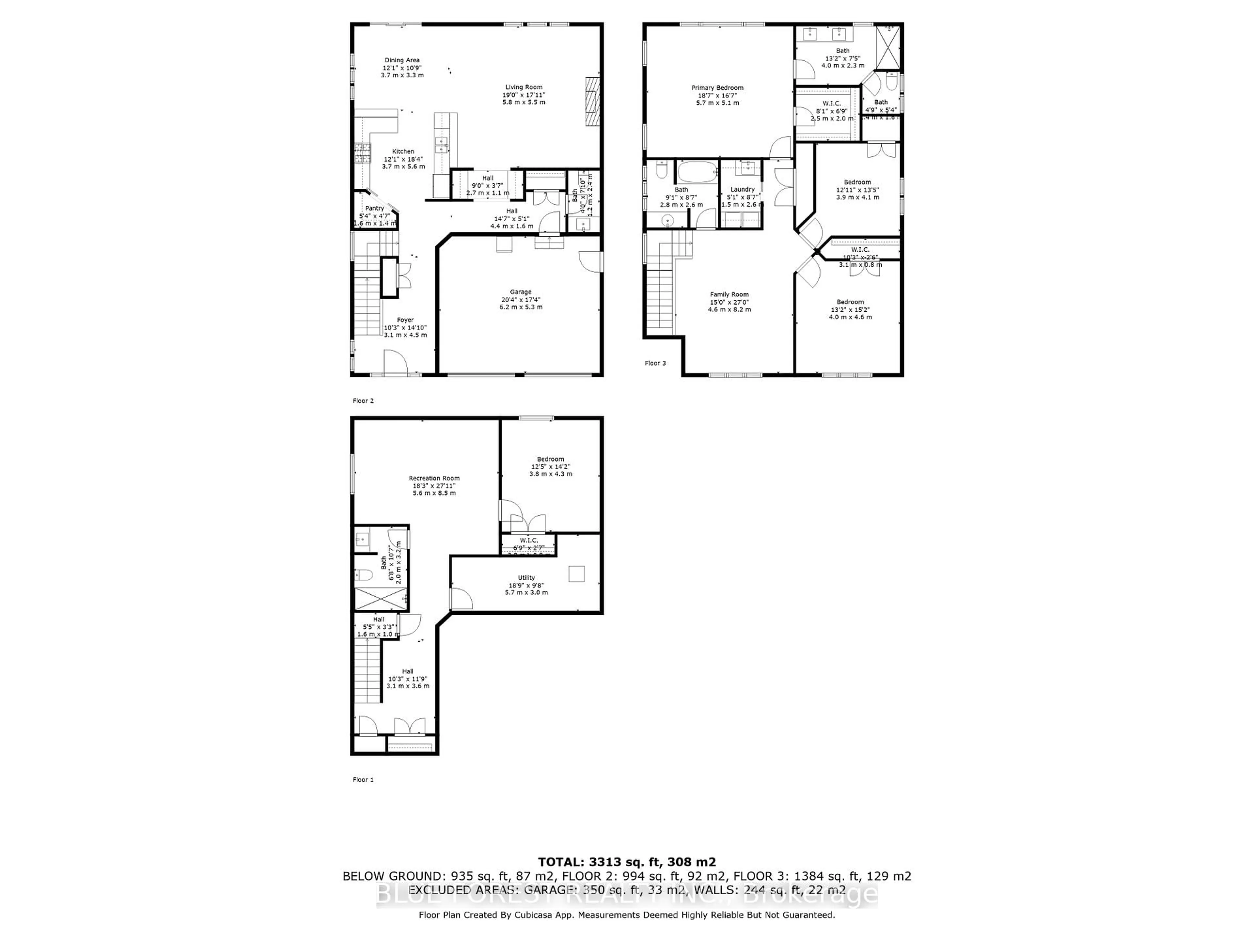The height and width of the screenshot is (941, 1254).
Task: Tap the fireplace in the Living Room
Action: tap(592, 102)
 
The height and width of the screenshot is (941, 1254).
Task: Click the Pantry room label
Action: tap(375, 208)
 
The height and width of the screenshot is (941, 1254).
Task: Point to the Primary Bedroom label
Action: tap(717, 88)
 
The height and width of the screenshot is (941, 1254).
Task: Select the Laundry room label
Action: tap(742, 190)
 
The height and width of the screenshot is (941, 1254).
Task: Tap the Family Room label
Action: tap(729, 294)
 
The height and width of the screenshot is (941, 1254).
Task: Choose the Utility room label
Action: tap(526, 577)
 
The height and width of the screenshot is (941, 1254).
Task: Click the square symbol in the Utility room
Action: tap(576, 574)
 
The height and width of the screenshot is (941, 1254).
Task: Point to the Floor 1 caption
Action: tap(363, 779)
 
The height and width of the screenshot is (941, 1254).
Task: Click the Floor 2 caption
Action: tap(363, 401)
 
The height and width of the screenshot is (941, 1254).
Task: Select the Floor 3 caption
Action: tap(655, 363)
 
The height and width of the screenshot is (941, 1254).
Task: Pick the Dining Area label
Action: tap(402, 60)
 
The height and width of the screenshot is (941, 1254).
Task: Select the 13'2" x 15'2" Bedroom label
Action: tap(850, 302)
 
